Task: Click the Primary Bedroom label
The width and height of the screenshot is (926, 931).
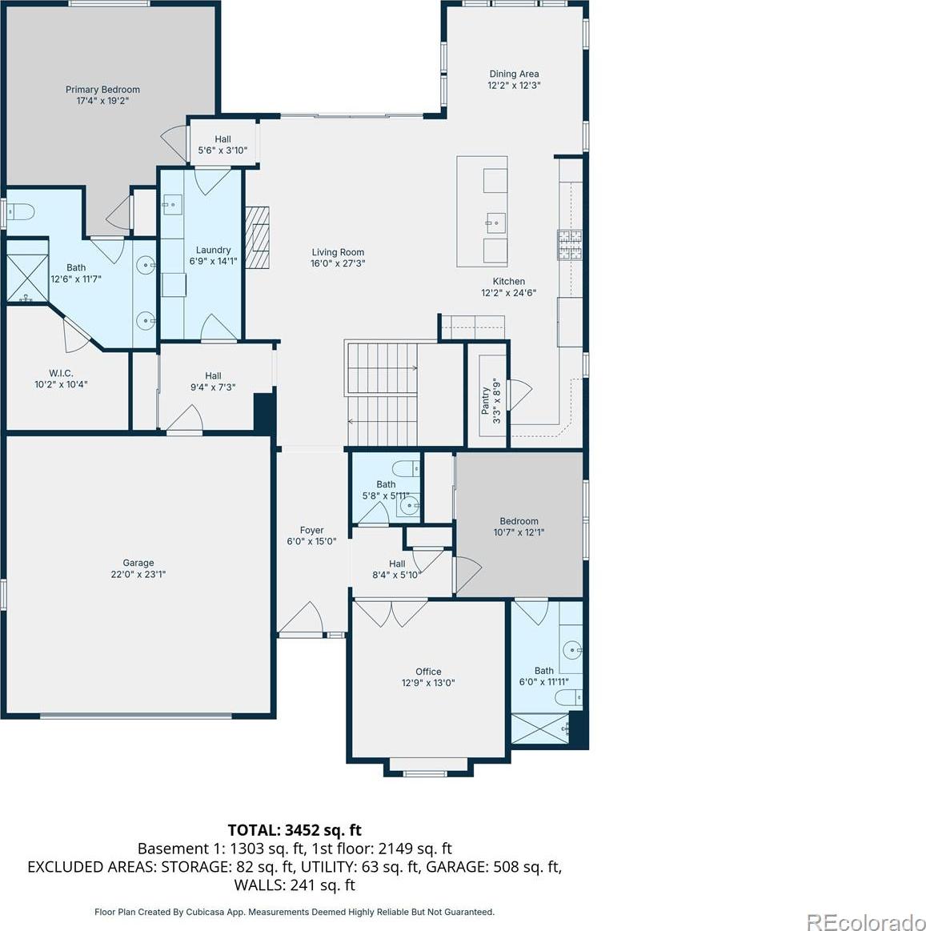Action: pyautogui.click(x=102, y=90)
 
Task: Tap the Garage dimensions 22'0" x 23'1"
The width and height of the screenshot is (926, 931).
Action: pyautogui.click(x=138, y=574)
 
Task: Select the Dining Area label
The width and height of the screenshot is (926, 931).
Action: pyautogui.click(x=514, y=74)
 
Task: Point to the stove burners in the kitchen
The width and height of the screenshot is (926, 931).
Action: pyautogui.click(x=569, y=245)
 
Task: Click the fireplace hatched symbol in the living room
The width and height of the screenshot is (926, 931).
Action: pyautogui.click(x=258, y=237)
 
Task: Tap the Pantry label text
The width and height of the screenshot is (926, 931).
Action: pyautogui.click(x=486, y=401)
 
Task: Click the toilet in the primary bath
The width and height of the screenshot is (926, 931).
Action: pyautogui.click(x=21, y=211)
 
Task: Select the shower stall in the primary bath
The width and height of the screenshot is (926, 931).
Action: pyautogui.click(x=26, y=278)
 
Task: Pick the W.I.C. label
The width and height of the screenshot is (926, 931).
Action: pyautogui.click(x=61, y=373)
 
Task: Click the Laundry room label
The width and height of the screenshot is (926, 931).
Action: pyautogui.click(x=213, y=250)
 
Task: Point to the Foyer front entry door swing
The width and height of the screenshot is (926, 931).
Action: pyautogui.click(x=301, y=617)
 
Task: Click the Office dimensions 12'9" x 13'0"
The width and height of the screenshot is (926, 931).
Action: pyautogui.click(x=428, y=683)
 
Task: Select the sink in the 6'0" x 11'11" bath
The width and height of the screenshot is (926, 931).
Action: pyautogui.click(x=572, y=650)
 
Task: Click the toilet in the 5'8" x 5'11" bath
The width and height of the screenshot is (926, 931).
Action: pyautogui.click(x=407, y=468)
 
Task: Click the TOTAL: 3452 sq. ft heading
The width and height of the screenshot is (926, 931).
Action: pyautogui.click(x=295, y=829)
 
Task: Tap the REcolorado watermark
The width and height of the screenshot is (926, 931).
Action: pyautogui.click(x=865, y=921)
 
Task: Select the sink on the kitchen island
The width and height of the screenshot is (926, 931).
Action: pyautogui.click(x=495, y=223)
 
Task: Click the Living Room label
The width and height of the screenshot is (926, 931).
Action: pyautogui.click(x=338, y=252)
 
